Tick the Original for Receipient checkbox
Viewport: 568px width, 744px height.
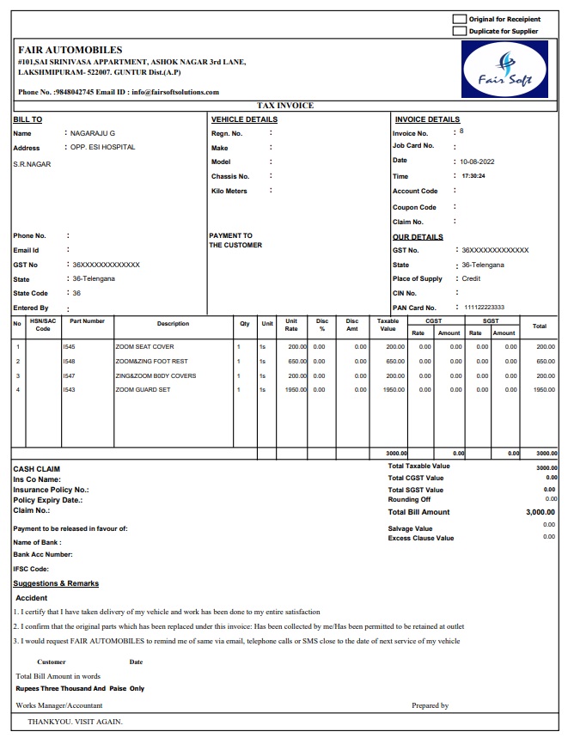click(x=460, y=19)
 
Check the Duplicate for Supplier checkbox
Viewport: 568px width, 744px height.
click(x=460, y=31)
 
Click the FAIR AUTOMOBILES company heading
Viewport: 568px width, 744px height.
click(x=70, y=50)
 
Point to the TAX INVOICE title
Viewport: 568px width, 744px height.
click(x=284, y=106)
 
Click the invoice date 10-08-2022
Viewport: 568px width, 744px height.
click(x=477, y=162)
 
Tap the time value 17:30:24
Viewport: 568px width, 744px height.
click(x=473, y=176)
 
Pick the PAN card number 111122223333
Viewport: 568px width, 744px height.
click(x=484, y=308)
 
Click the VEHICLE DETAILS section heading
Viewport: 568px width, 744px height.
click(x=244, y=119)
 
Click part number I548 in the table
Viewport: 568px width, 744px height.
click(x=69, y=361)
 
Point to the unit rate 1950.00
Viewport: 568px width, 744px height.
click(x=296, y=390)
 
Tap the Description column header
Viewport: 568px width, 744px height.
click(x=173, y=324)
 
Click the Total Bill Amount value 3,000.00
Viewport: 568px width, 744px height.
click(x=541, y=512)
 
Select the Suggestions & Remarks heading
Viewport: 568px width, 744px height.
click(x=56, y=583)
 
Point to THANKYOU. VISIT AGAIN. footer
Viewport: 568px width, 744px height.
click(x=76, y=722)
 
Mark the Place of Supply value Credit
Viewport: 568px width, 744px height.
click(x=471, y=278)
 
